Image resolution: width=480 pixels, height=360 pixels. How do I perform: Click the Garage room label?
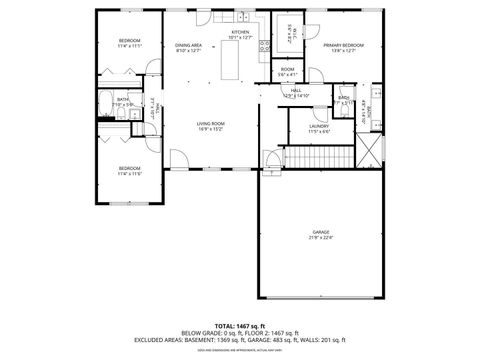coord(320,232)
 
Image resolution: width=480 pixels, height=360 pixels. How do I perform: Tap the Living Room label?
coord(210,123)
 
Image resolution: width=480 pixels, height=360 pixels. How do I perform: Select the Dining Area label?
coord(188,45)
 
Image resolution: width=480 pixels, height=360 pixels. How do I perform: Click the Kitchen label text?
coord(240,32)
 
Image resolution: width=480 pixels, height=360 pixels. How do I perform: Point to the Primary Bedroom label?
coord(342,45)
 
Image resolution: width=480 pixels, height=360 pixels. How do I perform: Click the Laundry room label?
coord(318,126)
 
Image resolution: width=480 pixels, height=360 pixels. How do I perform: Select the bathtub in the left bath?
coord(107,104)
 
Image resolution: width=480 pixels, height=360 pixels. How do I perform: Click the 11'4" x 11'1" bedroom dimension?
coord(130,46)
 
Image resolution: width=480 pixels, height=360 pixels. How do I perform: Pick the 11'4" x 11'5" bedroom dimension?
coord(130,173)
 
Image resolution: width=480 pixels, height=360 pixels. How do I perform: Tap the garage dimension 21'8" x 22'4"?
coord(320,238)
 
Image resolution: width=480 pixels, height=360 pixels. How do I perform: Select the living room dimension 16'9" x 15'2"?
coord(210,129)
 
